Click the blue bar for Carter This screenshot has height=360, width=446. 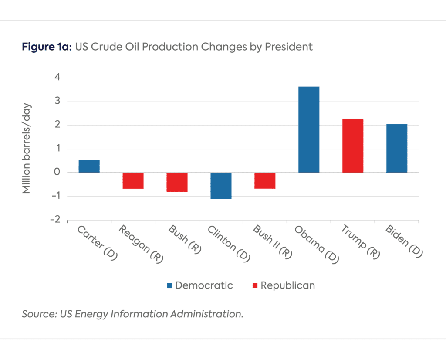tap(89, 166)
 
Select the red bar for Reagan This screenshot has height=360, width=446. tap(133, 180)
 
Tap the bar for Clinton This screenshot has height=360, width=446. tap(221, 186)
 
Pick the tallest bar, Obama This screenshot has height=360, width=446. tap(309, 129)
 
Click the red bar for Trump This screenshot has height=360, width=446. tap(352, 145)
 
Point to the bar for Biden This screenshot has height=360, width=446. tap(396, 148)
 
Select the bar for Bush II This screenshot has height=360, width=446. tap(265, 180)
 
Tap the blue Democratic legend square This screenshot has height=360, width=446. tap(169, 286)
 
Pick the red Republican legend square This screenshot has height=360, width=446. tap(255, 286)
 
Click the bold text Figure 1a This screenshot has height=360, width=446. tap(47, 47)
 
